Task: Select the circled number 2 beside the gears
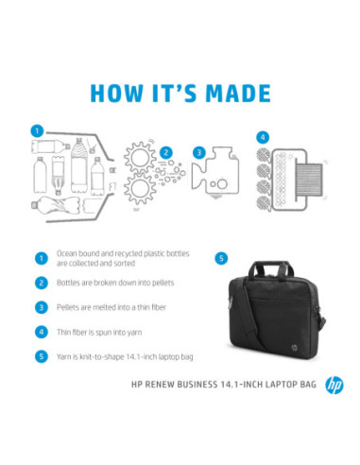pos(165,151)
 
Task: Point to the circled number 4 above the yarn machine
pos(263,136)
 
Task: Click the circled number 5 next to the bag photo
pos(222,257)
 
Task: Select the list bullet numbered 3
pos(41,307)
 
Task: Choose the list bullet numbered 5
pos(41,356)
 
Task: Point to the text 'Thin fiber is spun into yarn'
pos(101,332)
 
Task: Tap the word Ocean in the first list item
pos(67,253)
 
